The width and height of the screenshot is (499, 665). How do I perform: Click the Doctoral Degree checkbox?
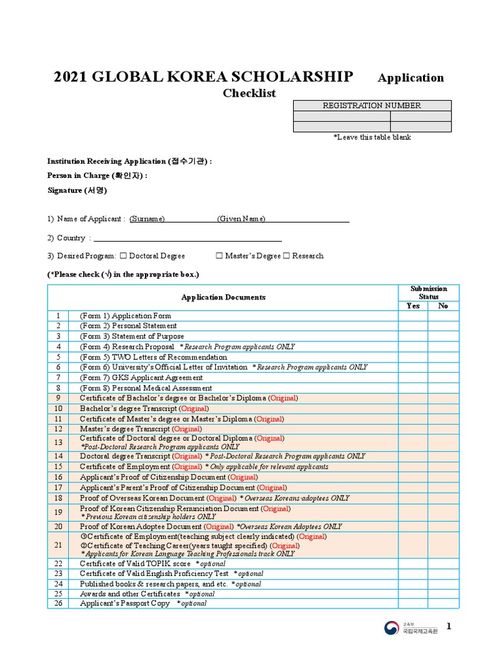pos(123,256)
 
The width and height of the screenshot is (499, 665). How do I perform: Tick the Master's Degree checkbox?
pos(219,256)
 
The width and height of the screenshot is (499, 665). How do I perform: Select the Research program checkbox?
pos(287,256)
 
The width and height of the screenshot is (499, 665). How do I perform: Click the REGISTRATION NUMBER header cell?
pos(372,105)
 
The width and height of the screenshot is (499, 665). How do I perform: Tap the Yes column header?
pos(413,306)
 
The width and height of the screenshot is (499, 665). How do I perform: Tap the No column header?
pos(443,306)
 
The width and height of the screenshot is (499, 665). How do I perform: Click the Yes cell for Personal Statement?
pos(413,326)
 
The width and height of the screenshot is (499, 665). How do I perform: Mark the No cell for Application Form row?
pos(443,316)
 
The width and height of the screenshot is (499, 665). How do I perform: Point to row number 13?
pos(58,442)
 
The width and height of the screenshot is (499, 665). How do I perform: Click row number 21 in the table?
pos(58,546)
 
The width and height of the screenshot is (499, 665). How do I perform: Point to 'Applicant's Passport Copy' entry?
pos(125,603)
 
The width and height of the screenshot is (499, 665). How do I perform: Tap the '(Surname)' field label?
pos(147,219)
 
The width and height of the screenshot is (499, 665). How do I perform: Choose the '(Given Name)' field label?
pos(241,219)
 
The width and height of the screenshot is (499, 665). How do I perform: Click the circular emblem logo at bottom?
pos(391,628)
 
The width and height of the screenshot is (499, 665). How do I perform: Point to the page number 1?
pos(448,626)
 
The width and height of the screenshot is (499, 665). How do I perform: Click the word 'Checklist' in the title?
pos(249,93)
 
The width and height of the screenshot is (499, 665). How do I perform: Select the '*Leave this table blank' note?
pos(372,137)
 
